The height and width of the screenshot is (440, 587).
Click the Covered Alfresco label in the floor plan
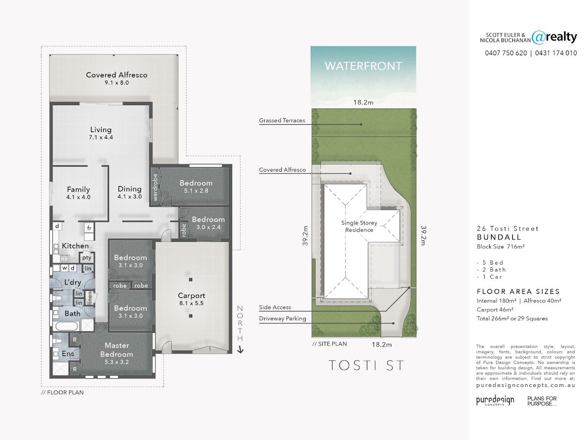[116, 75]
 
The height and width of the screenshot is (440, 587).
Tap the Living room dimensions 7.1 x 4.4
[101, 137]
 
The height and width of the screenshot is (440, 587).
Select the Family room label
[78, 189]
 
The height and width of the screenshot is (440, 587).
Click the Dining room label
[130, 189]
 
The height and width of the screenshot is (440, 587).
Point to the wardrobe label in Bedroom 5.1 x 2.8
[155, 187]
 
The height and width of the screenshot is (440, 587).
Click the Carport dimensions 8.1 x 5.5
[191, 303]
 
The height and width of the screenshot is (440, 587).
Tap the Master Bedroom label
[116, 350]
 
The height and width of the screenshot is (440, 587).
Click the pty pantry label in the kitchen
[87, 258]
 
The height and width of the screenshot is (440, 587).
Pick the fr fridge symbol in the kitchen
[89, 228]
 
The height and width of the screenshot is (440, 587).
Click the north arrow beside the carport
[240, 350]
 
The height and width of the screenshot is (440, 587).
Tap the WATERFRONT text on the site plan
[363, 66]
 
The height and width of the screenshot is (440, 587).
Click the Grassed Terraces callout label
[282, 120]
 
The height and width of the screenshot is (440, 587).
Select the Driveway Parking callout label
[282, 318]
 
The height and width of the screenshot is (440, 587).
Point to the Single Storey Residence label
[359, 226]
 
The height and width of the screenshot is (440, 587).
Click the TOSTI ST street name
[366, 365]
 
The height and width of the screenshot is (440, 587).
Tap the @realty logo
[554, 38]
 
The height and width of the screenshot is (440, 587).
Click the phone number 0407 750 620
[506, 53]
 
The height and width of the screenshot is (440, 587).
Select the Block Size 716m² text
[500, 246]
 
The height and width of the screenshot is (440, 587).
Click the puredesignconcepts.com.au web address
[525, 385]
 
